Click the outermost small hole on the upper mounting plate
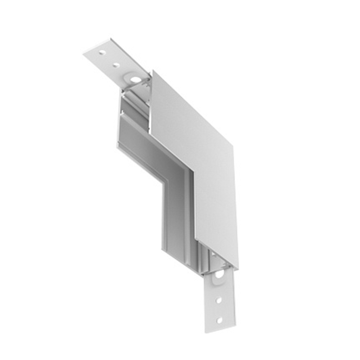(x=102, y=53)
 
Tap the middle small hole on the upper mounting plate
(x=116, y=65)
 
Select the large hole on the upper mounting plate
(x=135, y=79)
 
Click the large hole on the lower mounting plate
(x=219, y=275)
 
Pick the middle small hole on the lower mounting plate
(x=218, y=299)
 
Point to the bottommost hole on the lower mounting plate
(x=219, y=320)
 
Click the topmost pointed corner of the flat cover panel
(x=153, y=71)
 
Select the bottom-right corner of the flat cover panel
(x=238, y=268)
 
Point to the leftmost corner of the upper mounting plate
(x=84, y=54)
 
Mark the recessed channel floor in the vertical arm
(x=175, y=216)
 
